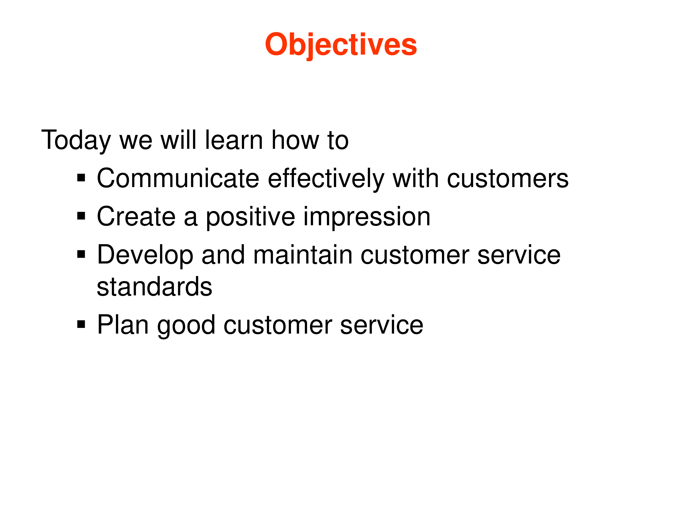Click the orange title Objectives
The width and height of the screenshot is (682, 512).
click(x=341, y=45)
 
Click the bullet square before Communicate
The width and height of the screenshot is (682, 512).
click(x=81, y=178)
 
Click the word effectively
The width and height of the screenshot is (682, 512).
click(x=326, y=179)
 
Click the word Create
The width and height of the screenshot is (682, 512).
click(x=136, y=217)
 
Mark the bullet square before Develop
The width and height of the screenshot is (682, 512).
click(x=81, y=254)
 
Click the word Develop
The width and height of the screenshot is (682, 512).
click(x=145, y=255)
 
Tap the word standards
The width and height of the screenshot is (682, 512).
click(x=154, y=287)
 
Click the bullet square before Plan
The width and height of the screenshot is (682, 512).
click(x=81, y=324)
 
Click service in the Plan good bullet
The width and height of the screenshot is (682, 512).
click(x=382, y=325)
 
